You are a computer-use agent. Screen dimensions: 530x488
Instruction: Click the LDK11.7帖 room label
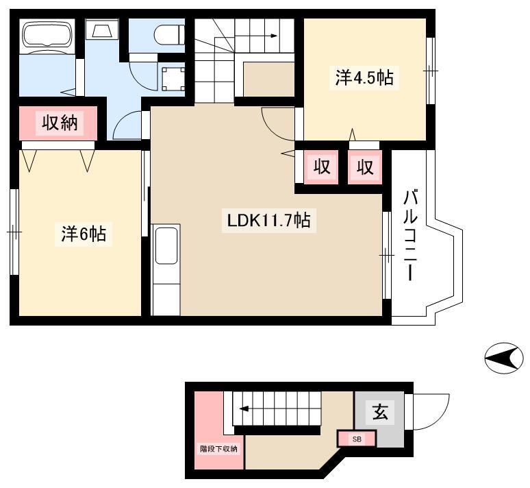[x=268, y=221]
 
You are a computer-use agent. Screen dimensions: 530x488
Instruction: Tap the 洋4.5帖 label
[x=364, y=77]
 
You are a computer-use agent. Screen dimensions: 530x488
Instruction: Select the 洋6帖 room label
[x=84, y=234]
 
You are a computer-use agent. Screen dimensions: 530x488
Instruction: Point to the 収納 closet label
[x=60, y=123]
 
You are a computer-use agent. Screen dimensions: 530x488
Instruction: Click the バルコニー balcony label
[x=410, y=236]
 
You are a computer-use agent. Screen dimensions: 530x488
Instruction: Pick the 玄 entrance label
[x=380, y=412]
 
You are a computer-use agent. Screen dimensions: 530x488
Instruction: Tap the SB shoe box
[x=357, y=439]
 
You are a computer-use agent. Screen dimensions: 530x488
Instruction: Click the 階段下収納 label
[x=218, y=449]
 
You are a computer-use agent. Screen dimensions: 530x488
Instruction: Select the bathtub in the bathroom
[x=48, y=35]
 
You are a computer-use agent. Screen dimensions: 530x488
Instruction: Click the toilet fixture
[x=169, y=35]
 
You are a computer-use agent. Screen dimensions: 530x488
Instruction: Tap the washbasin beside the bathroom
[x=102, y=29]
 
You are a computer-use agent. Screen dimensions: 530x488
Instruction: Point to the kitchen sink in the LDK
[x=166, y=245]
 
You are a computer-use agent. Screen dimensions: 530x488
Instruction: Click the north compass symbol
[x=504, y=358]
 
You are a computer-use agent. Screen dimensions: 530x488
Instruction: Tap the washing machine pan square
[x=173, y=80]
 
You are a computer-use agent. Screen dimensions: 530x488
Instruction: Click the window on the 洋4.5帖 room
[x=430, y=71]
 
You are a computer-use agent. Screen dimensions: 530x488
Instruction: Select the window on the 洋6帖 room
[x=14, y=232]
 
